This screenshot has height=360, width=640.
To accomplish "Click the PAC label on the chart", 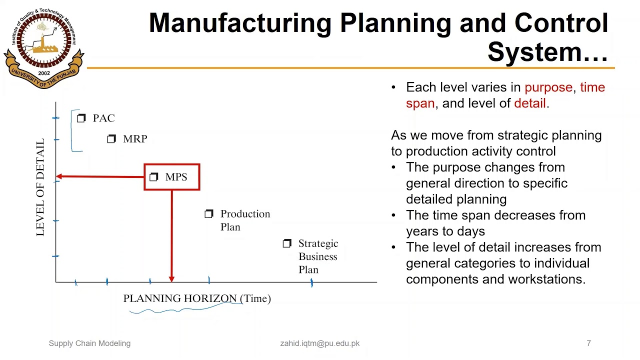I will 103,118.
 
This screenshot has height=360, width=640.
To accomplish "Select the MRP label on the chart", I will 134,139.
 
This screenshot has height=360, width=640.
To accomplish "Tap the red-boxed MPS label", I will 176,177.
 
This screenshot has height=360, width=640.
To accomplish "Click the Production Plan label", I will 244,220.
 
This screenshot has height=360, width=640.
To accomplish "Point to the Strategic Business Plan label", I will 318,256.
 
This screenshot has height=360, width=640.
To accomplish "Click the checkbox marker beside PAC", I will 81,118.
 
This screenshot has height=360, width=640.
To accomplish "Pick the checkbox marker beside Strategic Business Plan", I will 287,243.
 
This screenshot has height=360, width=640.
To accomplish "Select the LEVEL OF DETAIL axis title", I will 40,187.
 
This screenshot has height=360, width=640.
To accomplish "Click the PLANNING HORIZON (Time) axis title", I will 197,298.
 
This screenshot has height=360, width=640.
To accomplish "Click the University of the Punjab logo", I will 43,45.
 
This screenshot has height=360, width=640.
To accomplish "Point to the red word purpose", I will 548,87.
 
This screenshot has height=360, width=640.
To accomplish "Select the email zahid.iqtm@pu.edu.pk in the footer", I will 319,343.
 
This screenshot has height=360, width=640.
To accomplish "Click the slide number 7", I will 588,343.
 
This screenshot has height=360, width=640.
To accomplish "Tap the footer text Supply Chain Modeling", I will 89,343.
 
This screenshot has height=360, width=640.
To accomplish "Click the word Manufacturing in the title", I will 240,23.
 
